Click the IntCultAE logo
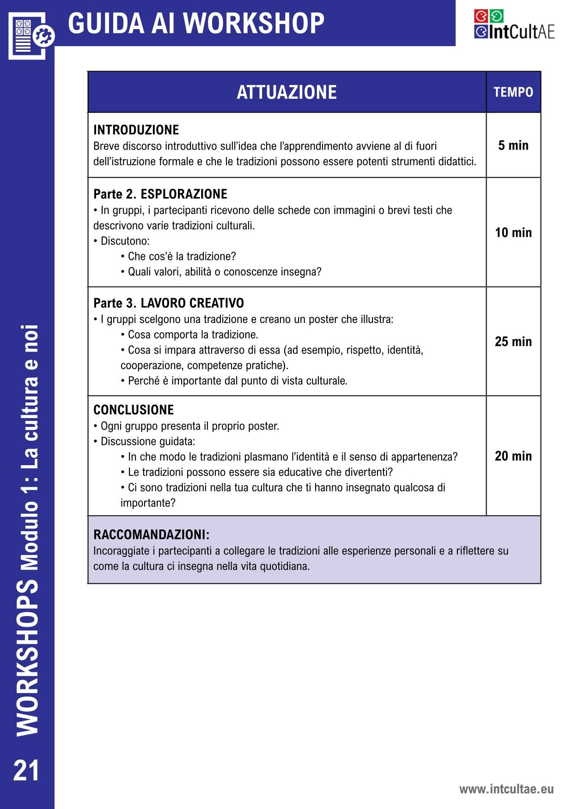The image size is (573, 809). pyautogui.click(x=514, y=24)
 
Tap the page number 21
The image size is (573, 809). pyautogui.click(x=27, y=771)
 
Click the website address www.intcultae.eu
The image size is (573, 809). pyautogui.click(x=506, y=789)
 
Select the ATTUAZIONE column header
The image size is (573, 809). pyautogui.click(x=286, y=92)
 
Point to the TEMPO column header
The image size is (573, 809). pyautogui.click(x=513, y=92)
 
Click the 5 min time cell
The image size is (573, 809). pyautogui.click(x=513, y=145)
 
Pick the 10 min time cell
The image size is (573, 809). pyautogui.click(x=513, y=233)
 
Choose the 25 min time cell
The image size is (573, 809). pyautogui.click(x=513, y=342)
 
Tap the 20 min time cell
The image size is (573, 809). pyautogui.click(x=513, y=456)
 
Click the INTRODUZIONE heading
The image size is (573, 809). pyautogui.click(x=136, y=130)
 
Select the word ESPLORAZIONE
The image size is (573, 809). pyautogui.click(x=184, y=194)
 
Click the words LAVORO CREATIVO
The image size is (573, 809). pyautogui.click(x=192, y=303)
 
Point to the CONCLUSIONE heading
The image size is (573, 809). pyautogui.click(x=134, y=410)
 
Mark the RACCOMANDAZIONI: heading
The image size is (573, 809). pyautogui.click(x=151, y=535)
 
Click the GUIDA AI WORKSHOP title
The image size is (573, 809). pyautogui.click(x=196, y=23)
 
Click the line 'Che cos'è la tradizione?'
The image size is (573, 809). pyautogui.click(x=181, y=256)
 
